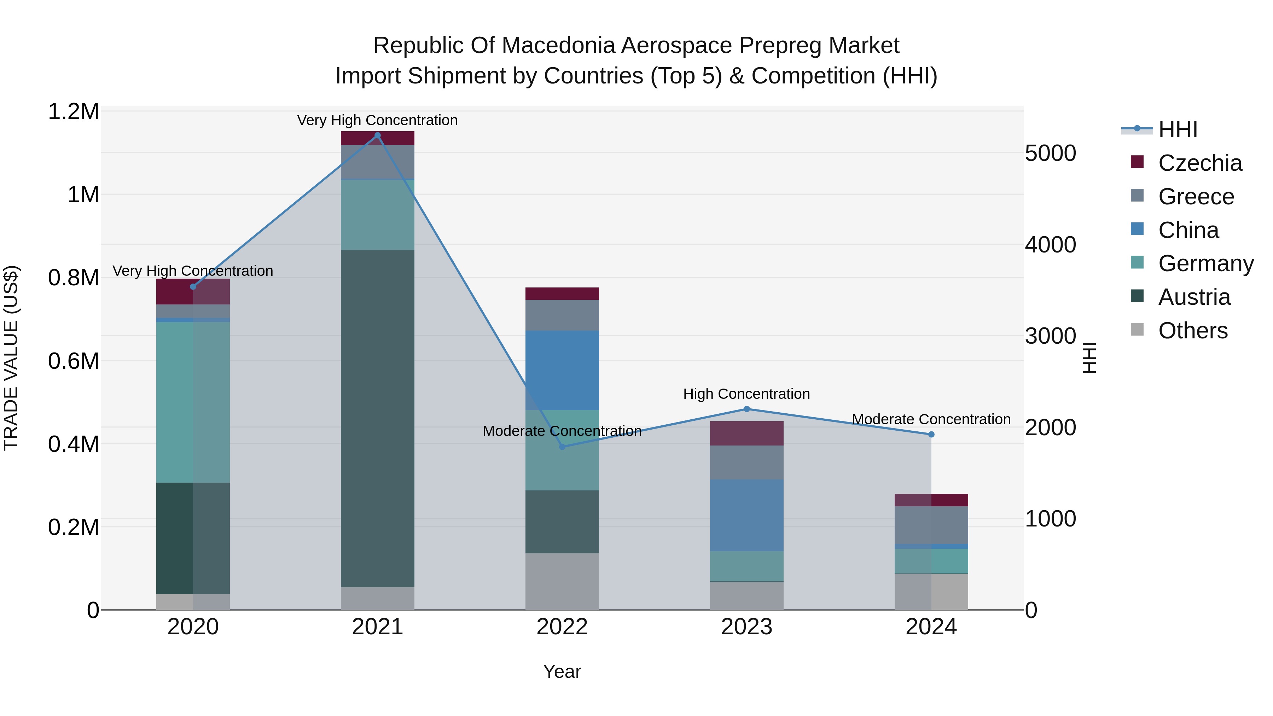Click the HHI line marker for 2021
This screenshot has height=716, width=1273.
(378, 135)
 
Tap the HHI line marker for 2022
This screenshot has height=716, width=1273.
(562, 447)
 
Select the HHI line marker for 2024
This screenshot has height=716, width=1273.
(931, 434)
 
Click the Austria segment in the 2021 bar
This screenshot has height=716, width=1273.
(378, 418)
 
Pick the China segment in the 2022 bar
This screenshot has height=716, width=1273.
(562, 370)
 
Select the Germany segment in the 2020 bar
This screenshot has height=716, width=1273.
(193, 402)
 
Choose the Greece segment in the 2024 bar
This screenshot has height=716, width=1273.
(931, 525)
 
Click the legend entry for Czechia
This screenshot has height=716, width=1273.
(1199, 163)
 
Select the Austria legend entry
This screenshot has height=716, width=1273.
(1194, 297)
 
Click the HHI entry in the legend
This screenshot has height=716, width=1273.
(1177, 129)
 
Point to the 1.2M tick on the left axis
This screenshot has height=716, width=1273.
(73, 112)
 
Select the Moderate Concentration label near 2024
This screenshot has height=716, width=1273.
(931, 419)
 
